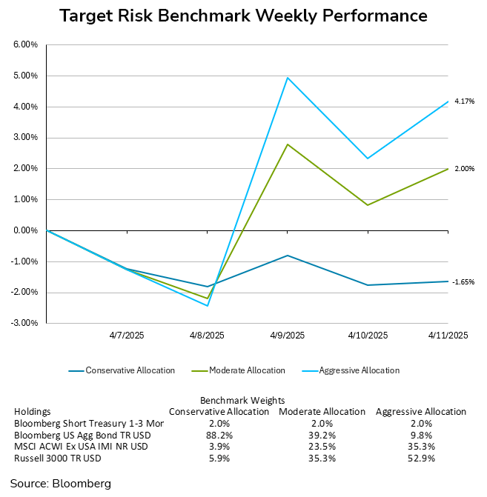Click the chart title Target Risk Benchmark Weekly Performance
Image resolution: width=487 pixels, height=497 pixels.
point(243,16)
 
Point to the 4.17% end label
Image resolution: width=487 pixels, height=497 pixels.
point(464,101)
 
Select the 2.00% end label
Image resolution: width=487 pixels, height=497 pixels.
point(464,169)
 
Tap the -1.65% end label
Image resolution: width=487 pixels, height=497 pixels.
point(463,282)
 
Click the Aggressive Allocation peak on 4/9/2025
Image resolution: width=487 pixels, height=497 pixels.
point(287,77)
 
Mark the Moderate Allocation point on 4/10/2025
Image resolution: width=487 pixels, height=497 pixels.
point(368,205)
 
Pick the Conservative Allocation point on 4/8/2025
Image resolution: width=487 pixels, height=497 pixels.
point(207,287)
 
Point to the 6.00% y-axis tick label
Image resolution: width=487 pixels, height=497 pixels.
point(26,44)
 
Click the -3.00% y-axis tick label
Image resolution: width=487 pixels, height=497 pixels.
point(25,323)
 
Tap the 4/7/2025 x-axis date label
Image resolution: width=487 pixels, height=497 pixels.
point(127,336)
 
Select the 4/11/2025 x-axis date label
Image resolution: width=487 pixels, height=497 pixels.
point(447,336)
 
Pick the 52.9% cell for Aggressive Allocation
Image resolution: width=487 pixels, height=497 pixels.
point(421,458)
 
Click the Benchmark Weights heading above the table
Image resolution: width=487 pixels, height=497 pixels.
point(243,401)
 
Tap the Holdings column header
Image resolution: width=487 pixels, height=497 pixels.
point(31,412)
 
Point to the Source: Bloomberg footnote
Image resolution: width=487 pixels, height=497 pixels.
point(60,484)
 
